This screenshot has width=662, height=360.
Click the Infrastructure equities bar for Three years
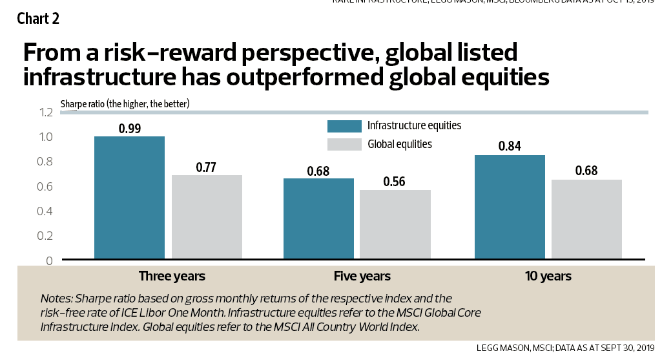tap(129, 198)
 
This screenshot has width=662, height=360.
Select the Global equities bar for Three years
tap(207, 217)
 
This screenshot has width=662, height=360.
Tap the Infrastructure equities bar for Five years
tap(319, 219)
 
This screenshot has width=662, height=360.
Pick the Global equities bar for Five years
tap(395, 225)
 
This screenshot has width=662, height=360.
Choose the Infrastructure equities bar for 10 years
tap(510, 207)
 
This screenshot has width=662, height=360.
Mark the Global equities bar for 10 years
tap(586, 220)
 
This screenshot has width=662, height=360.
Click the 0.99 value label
tap(130, 128)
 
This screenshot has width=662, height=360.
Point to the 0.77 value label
tap(206, 167)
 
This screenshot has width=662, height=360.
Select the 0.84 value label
tap(510, 147)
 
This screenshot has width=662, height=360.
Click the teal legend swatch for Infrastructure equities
tap(344, 125)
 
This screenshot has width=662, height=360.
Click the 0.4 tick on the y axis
tap(45, 211)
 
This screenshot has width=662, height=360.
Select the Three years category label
tap(172, 276)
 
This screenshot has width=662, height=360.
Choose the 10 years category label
tap(548, 276)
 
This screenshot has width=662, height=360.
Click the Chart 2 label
tap(38, 18)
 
